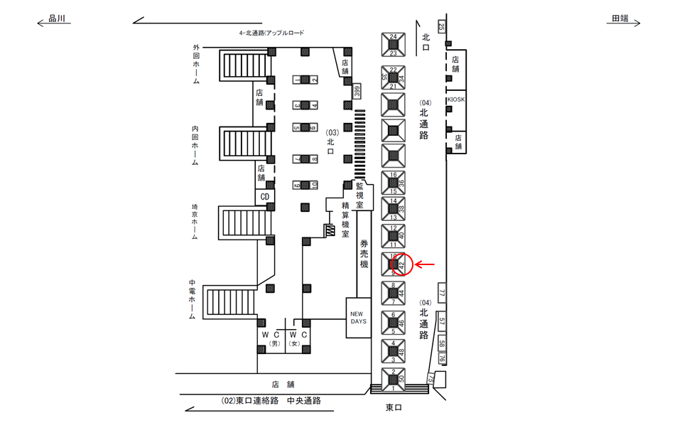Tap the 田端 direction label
pyautogui.click(x=619, y=20)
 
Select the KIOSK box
pyautogui.click(x=455, y=100)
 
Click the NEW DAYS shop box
pyautogui.click(x=357, y=317)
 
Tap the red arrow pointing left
pyautogui.click(x=425, y=265)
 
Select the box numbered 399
pyautogui.click(x=357, y=91)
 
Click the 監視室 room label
pyautogui.click(x=360, y=194)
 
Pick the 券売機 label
pyautogui.click(x=364, y=253)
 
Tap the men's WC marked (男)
pyautogui.click(x=271, y=338)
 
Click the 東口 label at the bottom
pyautogui.click(x=394, y=407)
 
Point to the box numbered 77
pyautogui.click(x=441, y=293)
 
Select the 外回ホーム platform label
pyautogui.click(x=195, y=65)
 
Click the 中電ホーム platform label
pyautogui.click(x=193, y=299)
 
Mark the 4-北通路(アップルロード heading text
pyautogui.click(x=271, y=33)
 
